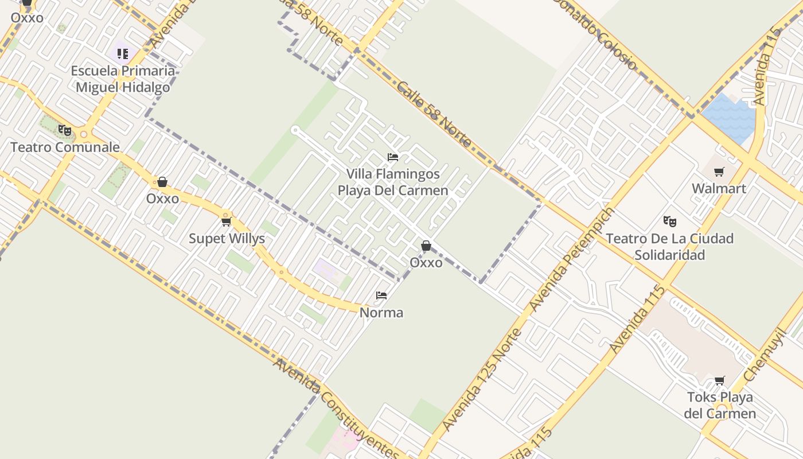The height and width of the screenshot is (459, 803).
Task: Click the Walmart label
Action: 719,188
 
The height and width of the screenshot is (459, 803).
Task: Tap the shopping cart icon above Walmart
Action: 719,172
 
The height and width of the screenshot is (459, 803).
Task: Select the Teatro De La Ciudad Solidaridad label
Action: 669,246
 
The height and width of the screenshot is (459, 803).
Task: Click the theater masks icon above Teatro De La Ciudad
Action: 669,221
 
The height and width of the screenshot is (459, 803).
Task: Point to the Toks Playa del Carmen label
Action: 720,405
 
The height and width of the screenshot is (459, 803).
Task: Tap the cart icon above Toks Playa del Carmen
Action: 720,380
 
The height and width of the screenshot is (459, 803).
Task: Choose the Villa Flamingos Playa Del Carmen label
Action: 393,182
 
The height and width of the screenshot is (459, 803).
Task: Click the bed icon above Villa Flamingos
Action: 393,157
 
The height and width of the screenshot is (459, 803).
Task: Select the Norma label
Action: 381,313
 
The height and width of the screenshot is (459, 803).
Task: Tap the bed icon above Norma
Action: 381,295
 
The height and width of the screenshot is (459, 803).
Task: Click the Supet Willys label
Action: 227,239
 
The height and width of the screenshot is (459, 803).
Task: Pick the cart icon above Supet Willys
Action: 226,221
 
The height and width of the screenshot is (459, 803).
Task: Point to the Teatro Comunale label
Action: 65,147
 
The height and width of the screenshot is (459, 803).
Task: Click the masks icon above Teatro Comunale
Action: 65,130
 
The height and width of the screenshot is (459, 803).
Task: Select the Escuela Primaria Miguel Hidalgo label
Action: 123,79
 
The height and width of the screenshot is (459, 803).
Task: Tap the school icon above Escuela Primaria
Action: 123,54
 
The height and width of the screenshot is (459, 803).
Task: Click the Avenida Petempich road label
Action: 572,259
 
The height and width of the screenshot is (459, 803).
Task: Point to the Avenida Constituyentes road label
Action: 335,407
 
